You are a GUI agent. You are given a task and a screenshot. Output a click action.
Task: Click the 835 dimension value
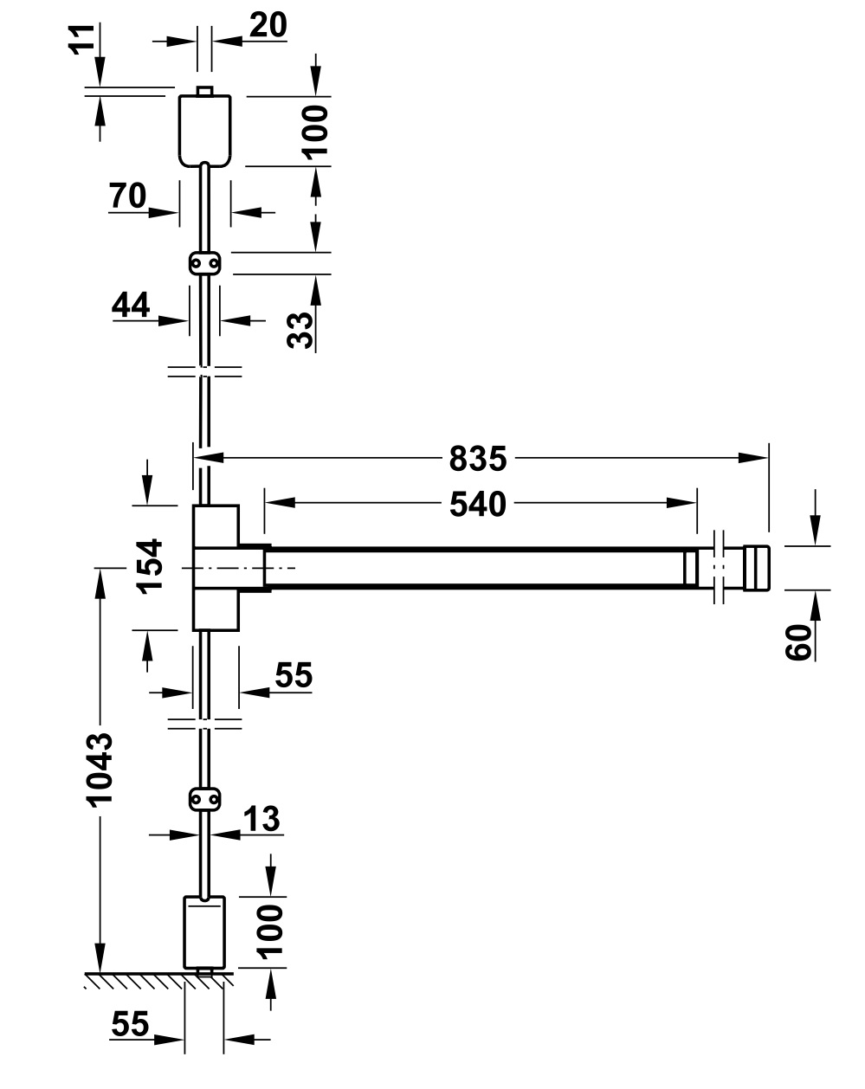(477, 458)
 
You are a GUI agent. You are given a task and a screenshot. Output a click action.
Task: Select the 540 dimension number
(477, 502)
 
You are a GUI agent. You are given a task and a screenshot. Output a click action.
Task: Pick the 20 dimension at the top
(268, 27)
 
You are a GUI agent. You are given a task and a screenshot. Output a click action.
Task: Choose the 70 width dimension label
(127, 197)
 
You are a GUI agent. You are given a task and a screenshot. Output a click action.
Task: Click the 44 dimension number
(131, 305)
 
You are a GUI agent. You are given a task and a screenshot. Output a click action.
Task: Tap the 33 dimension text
(300, 330)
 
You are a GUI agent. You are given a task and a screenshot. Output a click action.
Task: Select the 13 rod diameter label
(261, 819)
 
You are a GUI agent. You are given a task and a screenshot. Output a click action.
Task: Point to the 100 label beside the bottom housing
(271, 930)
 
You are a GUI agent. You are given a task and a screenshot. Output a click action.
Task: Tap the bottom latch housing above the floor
(204, 931)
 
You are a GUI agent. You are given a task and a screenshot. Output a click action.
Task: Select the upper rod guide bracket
(204, 262)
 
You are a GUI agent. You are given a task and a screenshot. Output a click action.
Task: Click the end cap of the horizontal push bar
(755, 568)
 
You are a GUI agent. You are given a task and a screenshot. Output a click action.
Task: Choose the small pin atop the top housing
(204, 90)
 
